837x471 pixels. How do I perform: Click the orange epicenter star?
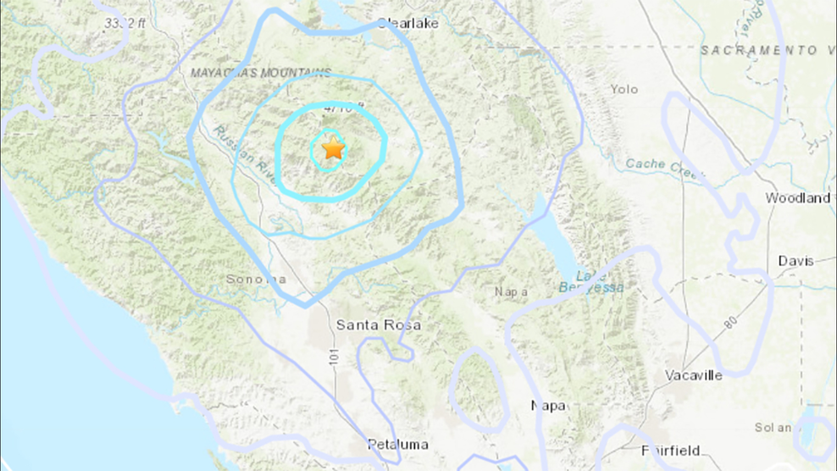click(333, 149)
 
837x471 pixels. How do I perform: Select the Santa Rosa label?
click(378, 325)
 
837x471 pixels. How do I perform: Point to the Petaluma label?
click(398, 444)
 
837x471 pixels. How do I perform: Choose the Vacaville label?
click(694, 375)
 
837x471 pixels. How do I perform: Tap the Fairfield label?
click(671, 451)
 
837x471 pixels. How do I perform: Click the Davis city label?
click(796, 261)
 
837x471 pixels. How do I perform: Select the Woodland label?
click(798, 198)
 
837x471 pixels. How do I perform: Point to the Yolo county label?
click(624, 89)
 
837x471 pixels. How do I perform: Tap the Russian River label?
click(244, 154)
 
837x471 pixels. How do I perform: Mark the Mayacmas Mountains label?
click(261, 73)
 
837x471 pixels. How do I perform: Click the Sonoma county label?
click(256, 279)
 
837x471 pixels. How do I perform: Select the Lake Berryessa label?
click(591, 282)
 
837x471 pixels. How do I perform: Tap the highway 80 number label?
click(731, 322)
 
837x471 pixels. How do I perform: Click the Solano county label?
click(773, 428)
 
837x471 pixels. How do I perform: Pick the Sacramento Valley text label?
click(766, 50)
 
